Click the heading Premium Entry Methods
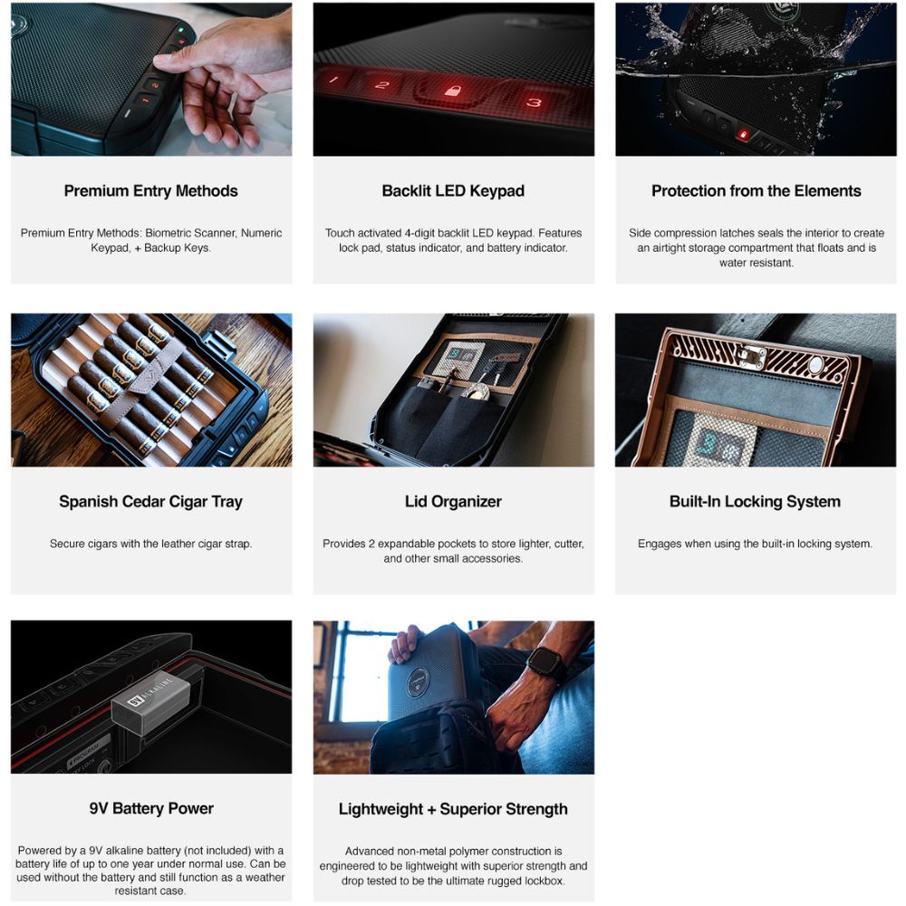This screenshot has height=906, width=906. [x=150, y=190]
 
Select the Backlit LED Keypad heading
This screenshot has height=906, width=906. [x=453, y=190]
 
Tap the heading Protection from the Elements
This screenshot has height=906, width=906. [x=756, y=190]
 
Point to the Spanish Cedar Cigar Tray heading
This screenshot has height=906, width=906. [x=150, y=502]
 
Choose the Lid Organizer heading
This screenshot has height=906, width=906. [x=453, y=502]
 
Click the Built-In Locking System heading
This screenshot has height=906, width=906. [x=755, y=502]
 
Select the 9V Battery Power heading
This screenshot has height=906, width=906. [x=151, y=808]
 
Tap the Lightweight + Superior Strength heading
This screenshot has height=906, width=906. [x=453, y=809]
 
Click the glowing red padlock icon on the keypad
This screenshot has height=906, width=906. [x=453, y=91]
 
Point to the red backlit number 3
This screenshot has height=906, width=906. [x=534, y=102]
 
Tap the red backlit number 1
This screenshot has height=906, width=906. [x=334, y=79]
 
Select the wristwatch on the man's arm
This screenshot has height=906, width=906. [x=545, y=666]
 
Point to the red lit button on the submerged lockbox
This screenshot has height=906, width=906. [x=743, y=135]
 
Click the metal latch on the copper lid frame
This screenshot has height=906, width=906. [x=752, y=356]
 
